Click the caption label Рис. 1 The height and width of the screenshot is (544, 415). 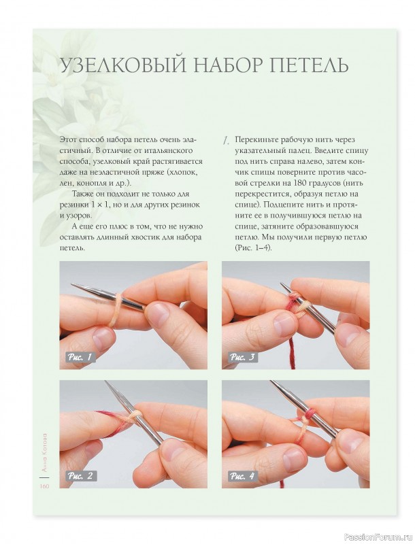81,356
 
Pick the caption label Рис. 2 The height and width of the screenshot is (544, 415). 81,475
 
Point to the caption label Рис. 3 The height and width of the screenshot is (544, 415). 243,356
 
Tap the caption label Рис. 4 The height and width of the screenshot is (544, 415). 243,475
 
